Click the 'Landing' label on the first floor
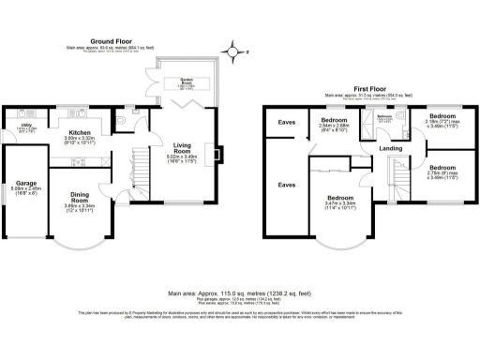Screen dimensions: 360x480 (390, 149)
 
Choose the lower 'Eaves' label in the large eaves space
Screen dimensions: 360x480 (284, 185)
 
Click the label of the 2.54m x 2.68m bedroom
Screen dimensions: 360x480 (334, 122)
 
